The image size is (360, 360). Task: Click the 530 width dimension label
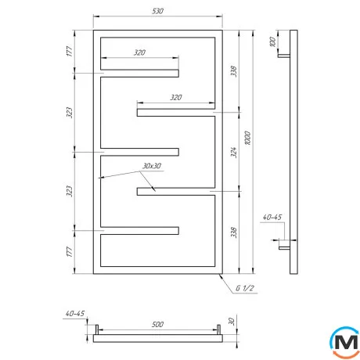(157, 11)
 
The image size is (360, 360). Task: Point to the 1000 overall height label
(248, 139)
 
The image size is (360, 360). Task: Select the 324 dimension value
(234, 153)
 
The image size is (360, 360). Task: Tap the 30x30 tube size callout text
(152, 166)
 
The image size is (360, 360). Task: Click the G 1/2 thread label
(244, 288)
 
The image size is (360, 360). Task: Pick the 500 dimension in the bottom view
(157, 324)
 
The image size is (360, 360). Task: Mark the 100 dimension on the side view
(272, 42)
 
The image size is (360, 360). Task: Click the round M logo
(344, 343)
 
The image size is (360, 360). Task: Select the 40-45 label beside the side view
(272, 217)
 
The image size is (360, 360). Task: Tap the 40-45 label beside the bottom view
(75, 313)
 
